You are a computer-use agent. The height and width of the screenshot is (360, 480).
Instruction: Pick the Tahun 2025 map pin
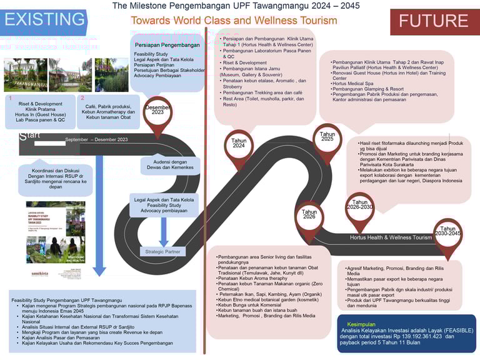pyautogui.click(x=327, y=139)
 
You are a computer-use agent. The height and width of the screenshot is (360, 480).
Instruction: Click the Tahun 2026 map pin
pyautogui.click(x=309, y=216)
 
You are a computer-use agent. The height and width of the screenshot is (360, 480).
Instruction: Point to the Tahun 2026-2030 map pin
pyautogui.click(x=359, y=206)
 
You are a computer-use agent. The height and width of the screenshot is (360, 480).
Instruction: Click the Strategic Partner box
pyautogui.click(x=162, y=252)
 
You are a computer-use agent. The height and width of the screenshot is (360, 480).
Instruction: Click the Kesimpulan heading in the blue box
pyautogui.click(x=362, y=324)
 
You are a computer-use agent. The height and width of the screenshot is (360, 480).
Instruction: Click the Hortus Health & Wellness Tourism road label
pyautogui.click(x=391, y=237)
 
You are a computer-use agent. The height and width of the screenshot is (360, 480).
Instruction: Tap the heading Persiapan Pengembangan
pyautogui.click(x=167, y=45)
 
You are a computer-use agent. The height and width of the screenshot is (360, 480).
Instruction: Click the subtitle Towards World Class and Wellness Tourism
pyautogui.click(x=234, y=21)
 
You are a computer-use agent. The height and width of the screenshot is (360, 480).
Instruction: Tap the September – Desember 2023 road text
pyautogui.click(x=96, y=139)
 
